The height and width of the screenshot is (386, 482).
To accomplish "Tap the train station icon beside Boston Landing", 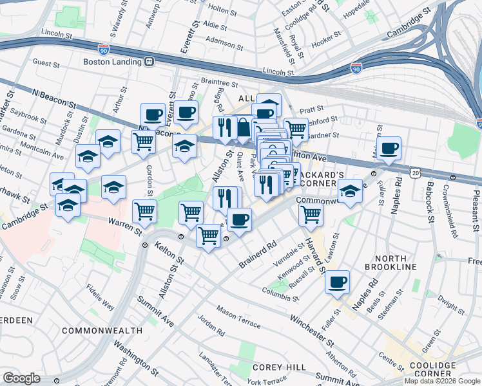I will pyautogui.click(x=149, y=62).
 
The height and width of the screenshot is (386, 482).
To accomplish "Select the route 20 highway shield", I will pyautogui.click(x=416, y=172).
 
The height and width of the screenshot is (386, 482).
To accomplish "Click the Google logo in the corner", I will pyautogui.click(x=21, y=378).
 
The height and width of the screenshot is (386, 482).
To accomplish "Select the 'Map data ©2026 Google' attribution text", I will pyautogui.click(x=442, y=381).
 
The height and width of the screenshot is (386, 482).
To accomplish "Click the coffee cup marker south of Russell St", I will pyautogui.click(x=337, y=281).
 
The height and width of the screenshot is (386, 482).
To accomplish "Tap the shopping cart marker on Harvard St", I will pyautogui.click(x=311, y=214).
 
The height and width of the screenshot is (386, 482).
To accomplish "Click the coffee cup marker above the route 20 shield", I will pyautogui.click(x=389, y=148).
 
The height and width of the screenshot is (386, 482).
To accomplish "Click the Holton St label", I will pyautogui.click(x=224, y=9).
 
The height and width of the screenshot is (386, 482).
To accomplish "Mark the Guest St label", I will pyautogui.click(x=46, y=63).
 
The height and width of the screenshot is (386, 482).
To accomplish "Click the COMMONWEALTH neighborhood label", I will pyautogui.click(x=102, y=330).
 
